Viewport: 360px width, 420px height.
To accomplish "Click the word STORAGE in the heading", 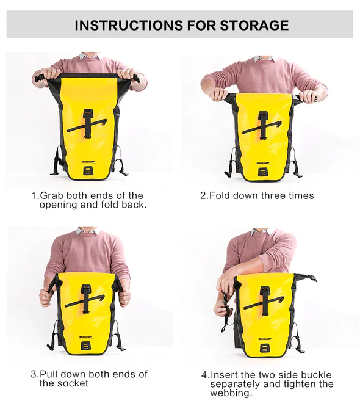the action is click(x=254, y=25).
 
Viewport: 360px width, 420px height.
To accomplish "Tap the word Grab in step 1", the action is click(x=52, y=195).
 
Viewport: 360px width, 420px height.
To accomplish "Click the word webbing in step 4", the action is click(x=231, y=393).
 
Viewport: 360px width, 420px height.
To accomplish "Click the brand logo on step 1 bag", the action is click(x=88, y=162).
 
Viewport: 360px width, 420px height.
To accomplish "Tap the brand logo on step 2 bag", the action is click(x=262, y=163).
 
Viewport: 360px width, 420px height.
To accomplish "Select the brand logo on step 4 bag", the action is click(x=264, y=339).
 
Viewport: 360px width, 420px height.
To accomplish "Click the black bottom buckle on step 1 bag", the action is click(x=88, y=171).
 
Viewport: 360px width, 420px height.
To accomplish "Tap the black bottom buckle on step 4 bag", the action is click(x=264, y=348).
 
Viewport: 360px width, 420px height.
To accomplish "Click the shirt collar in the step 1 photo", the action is click(x=90, y=56).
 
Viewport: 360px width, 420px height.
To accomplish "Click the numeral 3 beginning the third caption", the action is click(x=34, y=374).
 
